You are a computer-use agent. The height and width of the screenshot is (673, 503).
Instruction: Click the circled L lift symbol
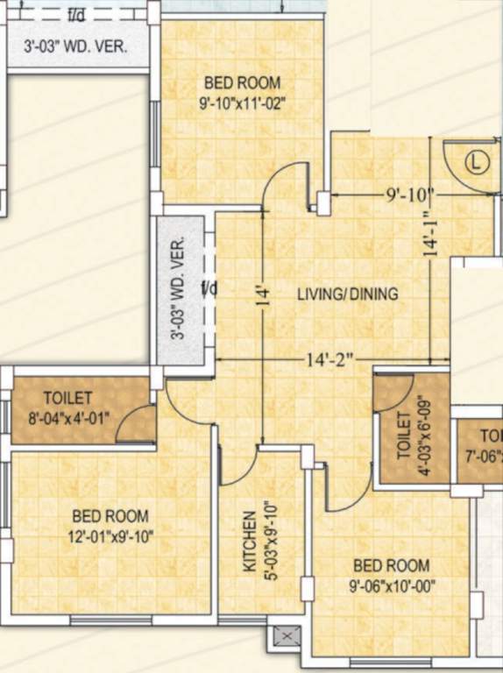tap(475, 162)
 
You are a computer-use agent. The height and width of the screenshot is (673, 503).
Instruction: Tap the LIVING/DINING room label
tap(347, 294)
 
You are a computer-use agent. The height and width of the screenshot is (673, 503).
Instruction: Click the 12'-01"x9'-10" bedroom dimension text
tap(110, 536)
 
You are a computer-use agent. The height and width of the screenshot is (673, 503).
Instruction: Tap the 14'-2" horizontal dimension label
tap(329, 359)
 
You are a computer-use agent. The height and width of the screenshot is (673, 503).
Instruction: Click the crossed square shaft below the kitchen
tap(286, 636)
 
